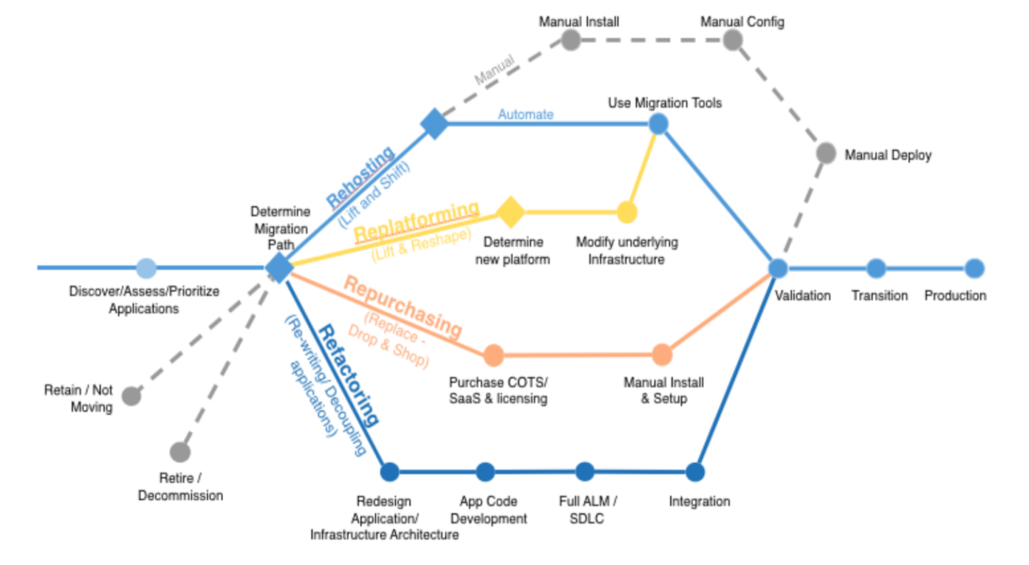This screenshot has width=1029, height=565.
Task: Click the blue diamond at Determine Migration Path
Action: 279,268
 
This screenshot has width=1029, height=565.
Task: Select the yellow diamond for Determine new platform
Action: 510,212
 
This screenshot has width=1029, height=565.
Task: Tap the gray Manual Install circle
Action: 570,40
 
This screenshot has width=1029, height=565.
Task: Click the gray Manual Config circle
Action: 732,40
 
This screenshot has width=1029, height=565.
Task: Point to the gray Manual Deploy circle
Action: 826,153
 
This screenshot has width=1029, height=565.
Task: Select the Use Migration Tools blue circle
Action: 658,124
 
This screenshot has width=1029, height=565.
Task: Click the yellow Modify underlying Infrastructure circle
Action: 627,212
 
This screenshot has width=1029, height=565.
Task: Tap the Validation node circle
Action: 778,269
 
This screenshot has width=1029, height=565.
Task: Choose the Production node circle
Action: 975,269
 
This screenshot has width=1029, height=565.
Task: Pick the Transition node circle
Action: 876,269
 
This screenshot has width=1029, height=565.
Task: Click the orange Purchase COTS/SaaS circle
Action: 494,355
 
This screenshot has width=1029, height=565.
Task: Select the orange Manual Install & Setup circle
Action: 662,355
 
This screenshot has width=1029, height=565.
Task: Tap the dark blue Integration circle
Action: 695,472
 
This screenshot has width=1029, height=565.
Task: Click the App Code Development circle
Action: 485,472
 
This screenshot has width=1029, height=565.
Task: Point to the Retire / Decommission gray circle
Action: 180,452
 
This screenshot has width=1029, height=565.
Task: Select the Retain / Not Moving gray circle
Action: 131,396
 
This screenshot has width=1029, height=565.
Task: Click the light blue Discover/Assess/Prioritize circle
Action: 146,268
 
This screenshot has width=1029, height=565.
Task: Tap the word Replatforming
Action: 416,221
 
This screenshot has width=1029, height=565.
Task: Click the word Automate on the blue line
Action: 525,114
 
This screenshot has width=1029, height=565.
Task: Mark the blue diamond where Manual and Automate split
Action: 434,124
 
